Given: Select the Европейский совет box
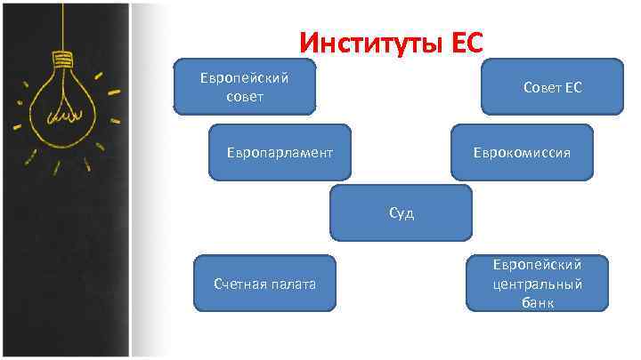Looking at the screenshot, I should (x=245, y=87).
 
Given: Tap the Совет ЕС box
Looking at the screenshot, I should (x=552, y=87).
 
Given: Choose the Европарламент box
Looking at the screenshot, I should (x=280, y=152).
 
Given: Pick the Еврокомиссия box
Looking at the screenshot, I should (x=522, y=152).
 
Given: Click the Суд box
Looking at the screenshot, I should (x=401, y=213).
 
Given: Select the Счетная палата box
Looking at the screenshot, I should (x=264, y=284).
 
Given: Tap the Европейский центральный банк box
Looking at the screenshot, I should (x=538, y=284).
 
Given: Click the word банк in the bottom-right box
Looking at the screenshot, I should (x=538, y=303).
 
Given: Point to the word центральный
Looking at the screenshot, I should (x=538, y=284).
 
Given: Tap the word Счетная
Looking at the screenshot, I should (x=239, y=284).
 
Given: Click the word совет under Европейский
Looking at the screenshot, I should (x=245, y=96).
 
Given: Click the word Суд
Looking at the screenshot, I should (x=401, y=213).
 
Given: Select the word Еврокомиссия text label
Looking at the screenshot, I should (x=522, y=152).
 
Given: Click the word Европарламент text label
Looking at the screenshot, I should (x=280, y=152).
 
